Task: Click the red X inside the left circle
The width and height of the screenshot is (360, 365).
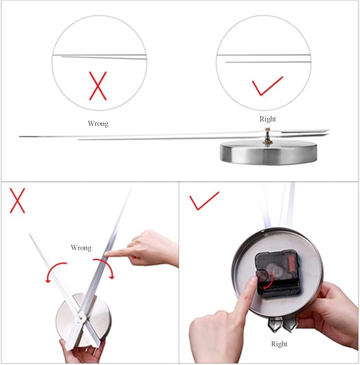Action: pos(98,86)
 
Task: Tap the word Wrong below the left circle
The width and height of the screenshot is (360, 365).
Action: pos(98,124)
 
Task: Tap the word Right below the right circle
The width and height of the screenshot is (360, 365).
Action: pos(268,119)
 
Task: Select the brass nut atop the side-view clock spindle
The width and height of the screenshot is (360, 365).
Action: pos(268,129)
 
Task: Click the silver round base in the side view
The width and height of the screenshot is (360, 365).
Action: pos(268,154)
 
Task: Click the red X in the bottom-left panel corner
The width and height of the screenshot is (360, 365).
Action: pos(17,201)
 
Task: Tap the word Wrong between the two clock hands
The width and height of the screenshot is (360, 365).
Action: pos(81,247)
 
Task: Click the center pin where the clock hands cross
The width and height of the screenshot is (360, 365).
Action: pos(81,317)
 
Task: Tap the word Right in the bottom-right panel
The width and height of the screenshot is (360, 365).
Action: pos(279,344)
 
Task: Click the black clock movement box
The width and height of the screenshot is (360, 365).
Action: pos(278,274)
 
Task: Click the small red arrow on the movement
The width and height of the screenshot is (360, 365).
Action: pos(268,281)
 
